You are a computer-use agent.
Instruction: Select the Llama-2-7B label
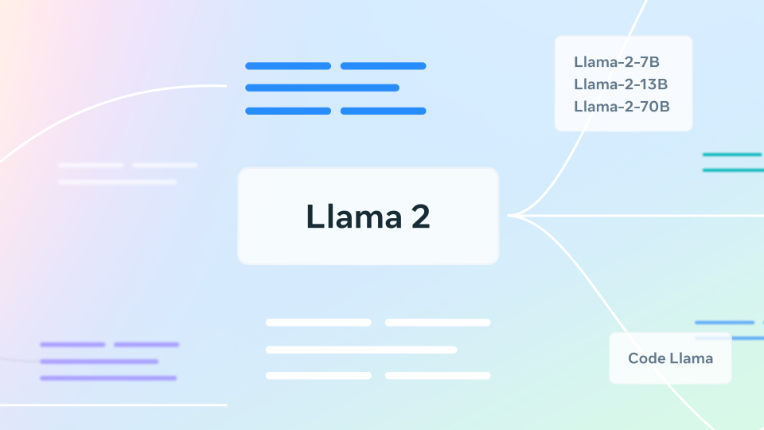611,62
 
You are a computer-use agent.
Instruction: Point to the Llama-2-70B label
622,106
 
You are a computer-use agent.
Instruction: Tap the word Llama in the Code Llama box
692,358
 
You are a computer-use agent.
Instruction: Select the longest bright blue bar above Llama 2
322,88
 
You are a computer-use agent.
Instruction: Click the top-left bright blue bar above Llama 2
287,66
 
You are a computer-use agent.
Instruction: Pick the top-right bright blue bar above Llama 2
383,66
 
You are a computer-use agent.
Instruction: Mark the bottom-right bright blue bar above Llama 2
383,111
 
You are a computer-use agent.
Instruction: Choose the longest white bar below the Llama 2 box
361,350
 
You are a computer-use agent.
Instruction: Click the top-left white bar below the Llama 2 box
318,322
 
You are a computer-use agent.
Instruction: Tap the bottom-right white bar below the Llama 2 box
437,375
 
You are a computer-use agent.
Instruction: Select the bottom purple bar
108,377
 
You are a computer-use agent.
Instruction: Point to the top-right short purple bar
146,345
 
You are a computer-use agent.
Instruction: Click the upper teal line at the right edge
732,154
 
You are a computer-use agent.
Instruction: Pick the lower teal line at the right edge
732,170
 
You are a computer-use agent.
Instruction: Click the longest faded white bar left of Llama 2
118,182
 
